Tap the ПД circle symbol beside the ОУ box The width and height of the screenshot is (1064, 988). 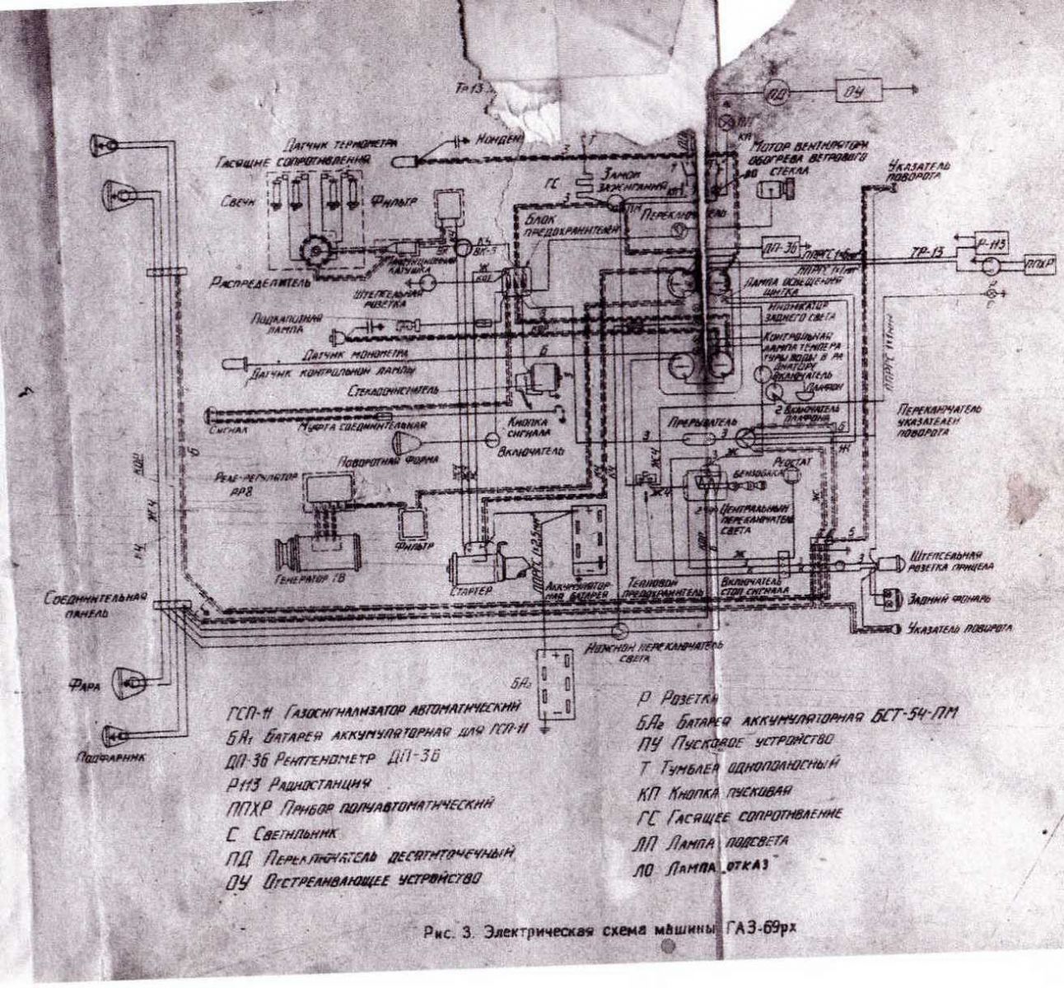[775, 91]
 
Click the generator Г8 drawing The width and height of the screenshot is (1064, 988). [315, 548]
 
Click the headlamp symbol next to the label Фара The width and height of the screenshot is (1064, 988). [131, 679]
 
